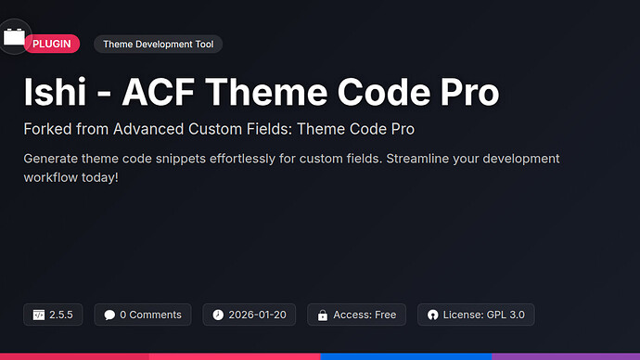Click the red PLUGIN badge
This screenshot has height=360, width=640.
point(52,44)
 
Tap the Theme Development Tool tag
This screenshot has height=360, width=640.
point(158,44)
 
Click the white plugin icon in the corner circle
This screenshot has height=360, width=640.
point(14,37)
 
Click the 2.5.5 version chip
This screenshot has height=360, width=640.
point(54,315)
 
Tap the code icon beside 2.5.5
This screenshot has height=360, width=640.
point(39,315)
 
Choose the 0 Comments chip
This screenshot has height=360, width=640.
point(143,315)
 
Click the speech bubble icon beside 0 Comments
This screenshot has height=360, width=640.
point(109,315)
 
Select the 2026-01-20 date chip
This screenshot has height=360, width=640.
point(250,315)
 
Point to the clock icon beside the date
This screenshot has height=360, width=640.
point(218,315)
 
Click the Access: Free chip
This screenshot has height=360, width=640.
point(356,315)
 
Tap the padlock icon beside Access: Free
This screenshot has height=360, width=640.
point(322,315)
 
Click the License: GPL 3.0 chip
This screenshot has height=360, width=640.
point(475,315)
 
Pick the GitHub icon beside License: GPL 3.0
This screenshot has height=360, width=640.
point(432,315)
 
